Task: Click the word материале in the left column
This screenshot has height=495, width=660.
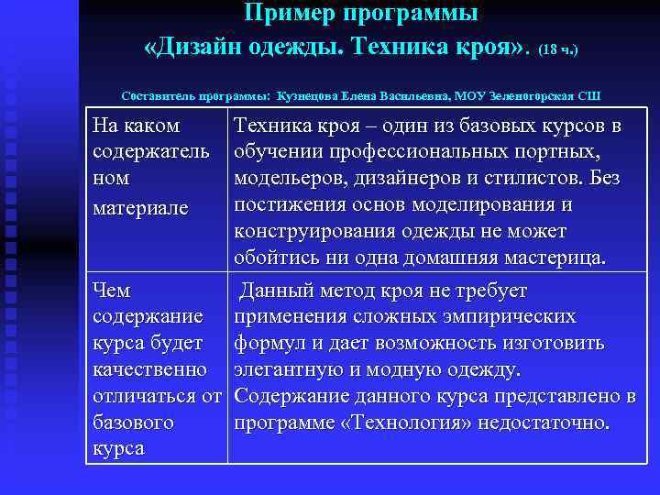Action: [x=141, y=208]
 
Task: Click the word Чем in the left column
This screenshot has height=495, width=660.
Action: [x=113, y=291]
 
